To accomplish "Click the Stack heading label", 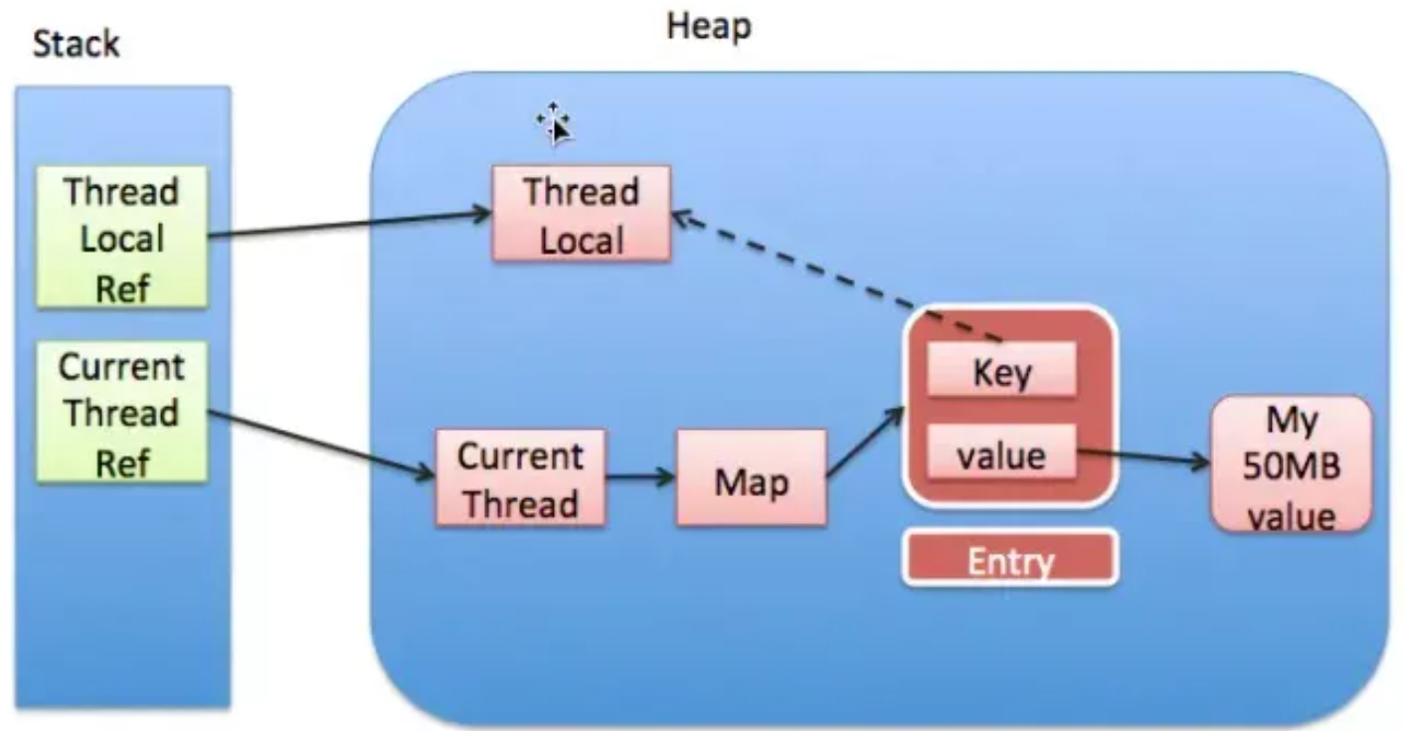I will pos(77,45).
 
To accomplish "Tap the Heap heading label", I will pos(709,27).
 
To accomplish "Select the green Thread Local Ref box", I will pos(121,238).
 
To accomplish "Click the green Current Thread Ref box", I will pos(121,412).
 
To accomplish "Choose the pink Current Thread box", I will pos(520,478).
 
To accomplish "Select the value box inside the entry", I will pos(1001,456).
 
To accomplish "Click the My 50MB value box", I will pos(1290,465).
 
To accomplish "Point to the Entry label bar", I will pos(1010,559).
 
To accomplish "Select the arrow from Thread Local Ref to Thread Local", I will pos(348,225).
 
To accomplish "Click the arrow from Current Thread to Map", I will pos(640,476).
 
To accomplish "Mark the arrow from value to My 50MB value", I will pos(1143,459).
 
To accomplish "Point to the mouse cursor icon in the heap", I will pos(555,123).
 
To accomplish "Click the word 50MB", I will pos(1290,467).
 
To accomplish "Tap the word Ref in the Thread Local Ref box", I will pos(121,288).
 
